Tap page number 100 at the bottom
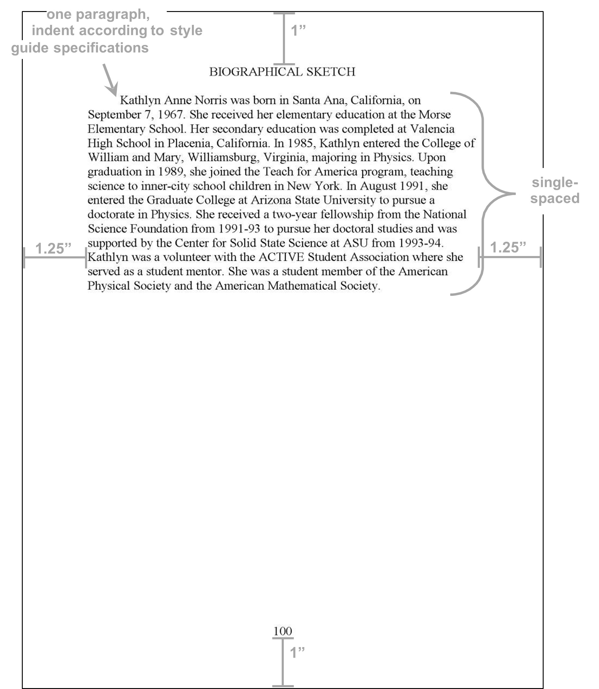283,631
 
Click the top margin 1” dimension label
298,31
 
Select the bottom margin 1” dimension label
297,652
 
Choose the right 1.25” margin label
508,247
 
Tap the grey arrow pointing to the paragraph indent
110,80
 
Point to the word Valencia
432,129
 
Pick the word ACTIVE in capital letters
281,257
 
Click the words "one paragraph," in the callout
98,15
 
